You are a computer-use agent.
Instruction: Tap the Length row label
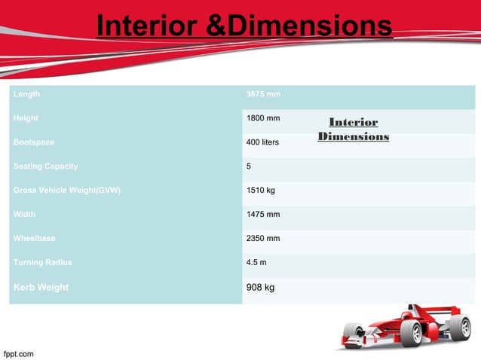click(x=27, y=95)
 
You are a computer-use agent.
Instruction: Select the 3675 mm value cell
click(x=263, y=95)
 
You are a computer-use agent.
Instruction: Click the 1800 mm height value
click(x=263, y=119)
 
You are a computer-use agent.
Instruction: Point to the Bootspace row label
click(x=34, y=142)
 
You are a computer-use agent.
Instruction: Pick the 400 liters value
click(x=263, y=142)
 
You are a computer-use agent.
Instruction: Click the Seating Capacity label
click(x=45, y=166)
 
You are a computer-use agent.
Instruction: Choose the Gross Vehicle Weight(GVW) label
click(x=67, y=191)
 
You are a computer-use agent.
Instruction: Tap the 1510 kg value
click(x=261, y=191)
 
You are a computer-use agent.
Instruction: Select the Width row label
click(x=25, y=215)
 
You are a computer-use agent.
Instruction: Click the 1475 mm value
click(x=263, y=215)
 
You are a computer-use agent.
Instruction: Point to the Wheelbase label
click(x=34, y=239)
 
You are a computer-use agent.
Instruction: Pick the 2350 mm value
click(x=263, y=239)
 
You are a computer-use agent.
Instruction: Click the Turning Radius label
click(x=43, y=263)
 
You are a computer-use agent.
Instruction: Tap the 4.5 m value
click(x=256, y=263)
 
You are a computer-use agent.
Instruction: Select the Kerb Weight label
click(x=41, y=288)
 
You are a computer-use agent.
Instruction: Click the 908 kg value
click(x=260, y=288)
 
